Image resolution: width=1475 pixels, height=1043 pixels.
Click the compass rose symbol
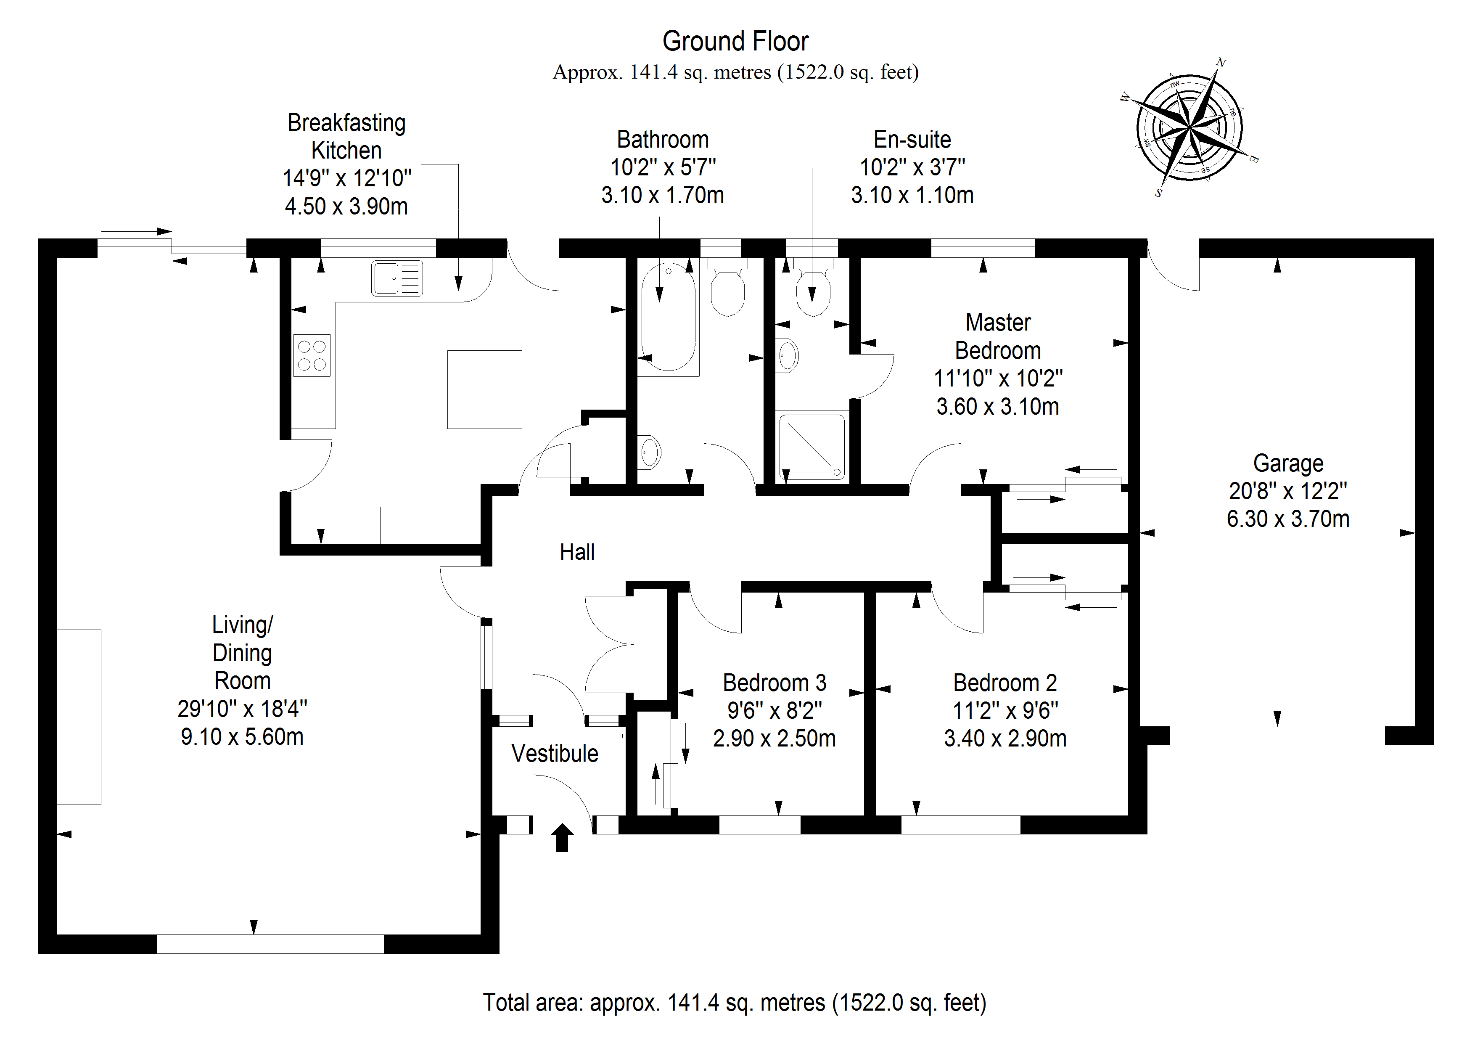click(x=1189, y=128)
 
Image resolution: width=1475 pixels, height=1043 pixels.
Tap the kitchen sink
click(x=397, y=278)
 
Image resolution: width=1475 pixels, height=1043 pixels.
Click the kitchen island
click(x=484, y=389)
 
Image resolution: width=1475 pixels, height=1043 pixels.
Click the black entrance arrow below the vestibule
click(x=562, y=837)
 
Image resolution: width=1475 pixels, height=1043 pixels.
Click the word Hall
click(x=577, y=552)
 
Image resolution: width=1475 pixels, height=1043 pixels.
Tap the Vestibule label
click(x=555, y=753)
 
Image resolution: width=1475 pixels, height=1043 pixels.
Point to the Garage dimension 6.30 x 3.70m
click(x=1287, y=519)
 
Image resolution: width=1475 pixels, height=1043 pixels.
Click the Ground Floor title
click(x=735, y=42)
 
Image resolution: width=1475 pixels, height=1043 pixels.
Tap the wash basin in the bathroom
click(x=650, y=452)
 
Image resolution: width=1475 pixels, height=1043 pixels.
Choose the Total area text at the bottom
click(x=734, y=1003)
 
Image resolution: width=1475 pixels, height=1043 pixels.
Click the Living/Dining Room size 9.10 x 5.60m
click(x=242, y=736)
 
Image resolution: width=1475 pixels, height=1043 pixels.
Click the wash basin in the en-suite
click(x=788, y=355)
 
